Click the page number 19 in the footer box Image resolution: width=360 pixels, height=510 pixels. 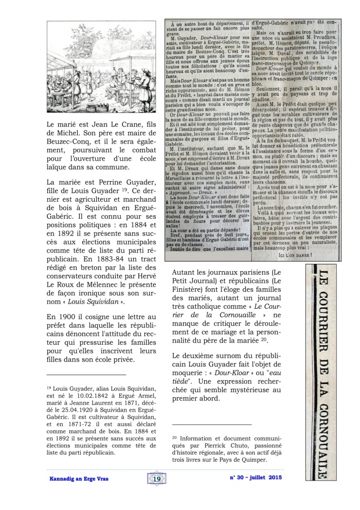coord(157,479)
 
